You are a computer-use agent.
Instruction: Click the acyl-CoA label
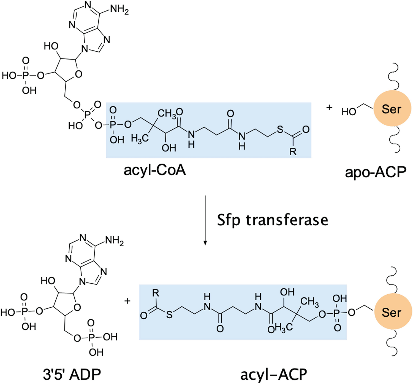pyautogui.click(x=155, y=170)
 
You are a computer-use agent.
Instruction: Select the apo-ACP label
pyautogui.click(x=376, y=172)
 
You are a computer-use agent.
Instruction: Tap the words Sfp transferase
pyautogui.click(x=273, y=220)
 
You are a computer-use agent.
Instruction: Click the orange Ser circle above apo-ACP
pyautogui.click(x=392, y=109)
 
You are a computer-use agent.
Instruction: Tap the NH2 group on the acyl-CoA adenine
pyautogui.click(x=119, y=9)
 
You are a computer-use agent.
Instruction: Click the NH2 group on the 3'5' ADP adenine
pyautogui.click(x=114, y=241)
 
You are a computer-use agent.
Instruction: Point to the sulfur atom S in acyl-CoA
pyautogui.click(x=280, y=129)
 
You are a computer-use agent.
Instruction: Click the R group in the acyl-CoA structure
pyautogui.click(x=293, y=151)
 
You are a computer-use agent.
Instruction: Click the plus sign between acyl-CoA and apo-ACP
pyautogui.click(x=329, y=107)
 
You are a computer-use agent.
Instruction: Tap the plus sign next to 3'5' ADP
pyautogui.click(x=127, y=301)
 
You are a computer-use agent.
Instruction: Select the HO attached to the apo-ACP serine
pyautogui.click(x=349, y=112)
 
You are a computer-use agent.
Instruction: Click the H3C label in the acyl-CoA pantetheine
pyautogui.click(x=140, y=138)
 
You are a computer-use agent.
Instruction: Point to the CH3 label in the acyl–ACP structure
pyautogui.click(x=309, y=301)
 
